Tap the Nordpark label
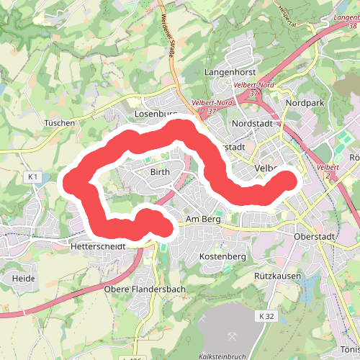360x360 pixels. click(x=305, y=104)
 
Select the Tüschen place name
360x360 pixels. click(x=59, y=123)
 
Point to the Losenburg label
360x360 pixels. click(x=156, y=114)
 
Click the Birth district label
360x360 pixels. click(x=159, y=174)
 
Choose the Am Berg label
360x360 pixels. click(x=202, y=219)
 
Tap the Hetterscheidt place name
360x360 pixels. click(x=99, y=246)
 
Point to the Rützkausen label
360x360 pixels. click(x=276, y=276)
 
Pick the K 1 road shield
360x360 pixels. click(x=32, y=176)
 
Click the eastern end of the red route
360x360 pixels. click(x=287, y=180)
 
